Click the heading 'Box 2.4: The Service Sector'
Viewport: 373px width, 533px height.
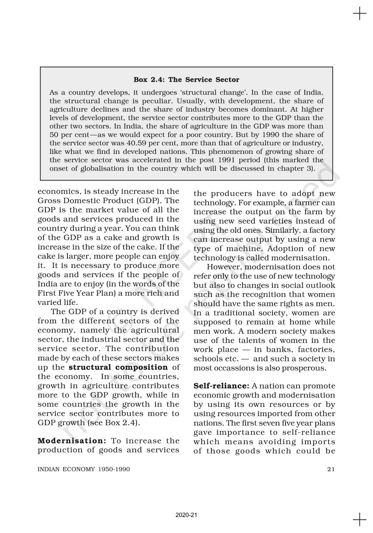186,80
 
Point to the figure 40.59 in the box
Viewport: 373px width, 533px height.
136,143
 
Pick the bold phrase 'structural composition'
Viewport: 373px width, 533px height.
118,367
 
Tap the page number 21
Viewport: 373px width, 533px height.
331,469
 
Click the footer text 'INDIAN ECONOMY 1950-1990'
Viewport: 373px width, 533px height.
84,469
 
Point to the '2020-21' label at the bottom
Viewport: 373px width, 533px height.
186,515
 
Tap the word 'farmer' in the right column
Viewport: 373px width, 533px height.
301,203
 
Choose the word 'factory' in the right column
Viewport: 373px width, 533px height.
321,231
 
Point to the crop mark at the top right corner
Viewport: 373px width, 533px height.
360,14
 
